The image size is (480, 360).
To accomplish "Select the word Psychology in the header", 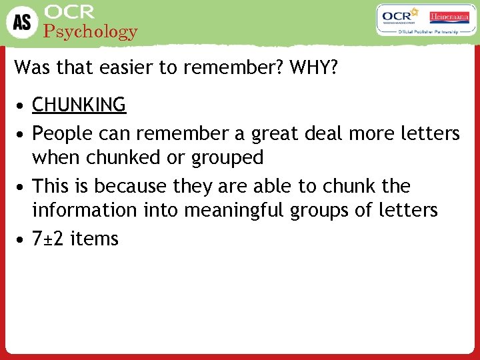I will pos(91,31).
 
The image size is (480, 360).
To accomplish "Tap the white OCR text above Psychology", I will pos(69,12).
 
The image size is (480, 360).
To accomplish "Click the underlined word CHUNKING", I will pos(79,105).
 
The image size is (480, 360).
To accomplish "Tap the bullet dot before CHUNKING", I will pos(23,105).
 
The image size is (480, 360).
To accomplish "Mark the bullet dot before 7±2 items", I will pos(23,239).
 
